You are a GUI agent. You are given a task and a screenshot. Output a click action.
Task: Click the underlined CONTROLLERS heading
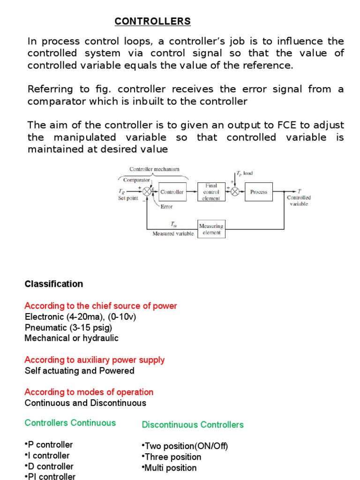153,21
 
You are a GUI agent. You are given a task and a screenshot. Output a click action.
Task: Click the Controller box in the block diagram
172,192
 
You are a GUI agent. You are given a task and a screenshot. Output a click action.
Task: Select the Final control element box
211,192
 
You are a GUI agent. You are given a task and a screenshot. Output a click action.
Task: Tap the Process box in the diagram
259,192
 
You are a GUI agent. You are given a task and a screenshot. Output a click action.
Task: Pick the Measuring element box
211,229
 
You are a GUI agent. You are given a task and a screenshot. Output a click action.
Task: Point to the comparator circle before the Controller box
147,192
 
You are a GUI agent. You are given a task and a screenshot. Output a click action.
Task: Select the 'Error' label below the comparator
166,206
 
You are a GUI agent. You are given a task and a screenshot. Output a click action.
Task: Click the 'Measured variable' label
173,233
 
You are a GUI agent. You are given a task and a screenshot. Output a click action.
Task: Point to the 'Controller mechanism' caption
154,169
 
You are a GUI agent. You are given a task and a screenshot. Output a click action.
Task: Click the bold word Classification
54,284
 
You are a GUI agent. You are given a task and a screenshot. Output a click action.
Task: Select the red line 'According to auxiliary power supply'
95,360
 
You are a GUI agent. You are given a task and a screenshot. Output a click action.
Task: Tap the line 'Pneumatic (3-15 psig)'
68,327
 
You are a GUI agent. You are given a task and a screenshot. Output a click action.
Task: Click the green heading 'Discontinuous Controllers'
193,425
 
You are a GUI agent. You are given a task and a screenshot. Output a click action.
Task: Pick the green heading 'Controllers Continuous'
70,423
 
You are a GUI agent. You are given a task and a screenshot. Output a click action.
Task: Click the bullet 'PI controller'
51,477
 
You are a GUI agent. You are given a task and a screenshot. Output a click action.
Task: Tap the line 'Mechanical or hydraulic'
72,338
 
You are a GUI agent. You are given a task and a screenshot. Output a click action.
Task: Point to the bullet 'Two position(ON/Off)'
185,446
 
